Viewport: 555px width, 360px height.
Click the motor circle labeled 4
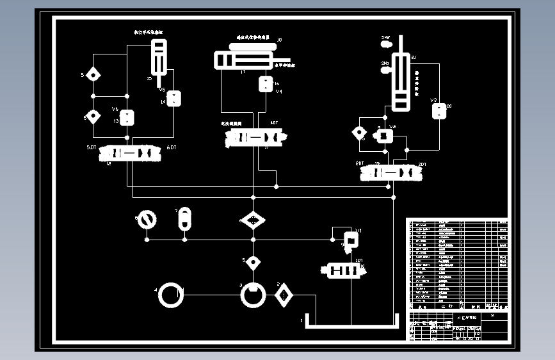tap(171, 296)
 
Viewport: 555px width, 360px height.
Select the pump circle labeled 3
tap(253, 295)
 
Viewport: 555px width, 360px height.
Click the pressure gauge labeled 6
tap(147, 220)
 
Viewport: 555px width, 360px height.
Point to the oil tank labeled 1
tap(351, 320)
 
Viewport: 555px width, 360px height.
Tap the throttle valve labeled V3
tap(439, 110)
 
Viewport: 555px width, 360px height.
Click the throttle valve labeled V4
tap(265, 85)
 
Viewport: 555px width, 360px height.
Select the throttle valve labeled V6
tap(128, 118)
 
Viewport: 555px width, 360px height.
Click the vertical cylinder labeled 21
tap(401, 81)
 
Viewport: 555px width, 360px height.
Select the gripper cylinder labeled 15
tap(158, 58)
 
